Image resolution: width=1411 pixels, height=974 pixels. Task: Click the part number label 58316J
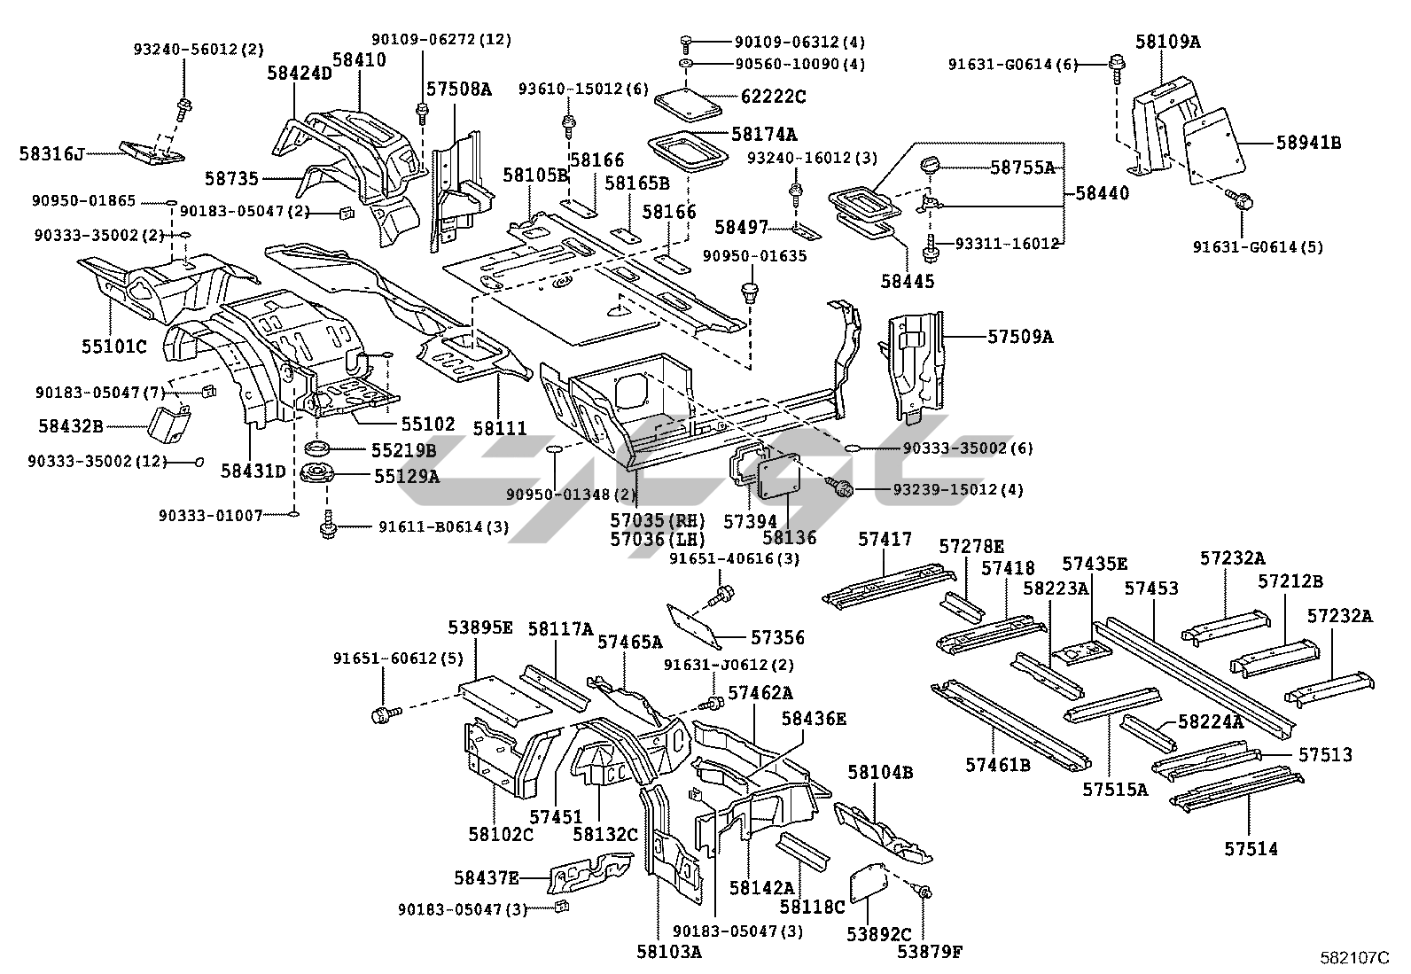(x=51, y=154)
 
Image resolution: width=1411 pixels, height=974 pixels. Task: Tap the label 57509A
(x=1020, y=337)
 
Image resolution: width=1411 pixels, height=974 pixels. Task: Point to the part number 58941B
(x=1307, y=142)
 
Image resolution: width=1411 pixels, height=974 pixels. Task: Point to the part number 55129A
(x=406, y=477)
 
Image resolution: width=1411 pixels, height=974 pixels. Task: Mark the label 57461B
(x=998, y=763)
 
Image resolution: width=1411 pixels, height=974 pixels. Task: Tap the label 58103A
(x=668, y=951)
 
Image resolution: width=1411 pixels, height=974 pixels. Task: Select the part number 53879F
(x=929, y=953)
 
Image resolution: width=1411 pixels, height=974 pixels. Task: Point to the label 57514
(x=1251, y=849)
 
